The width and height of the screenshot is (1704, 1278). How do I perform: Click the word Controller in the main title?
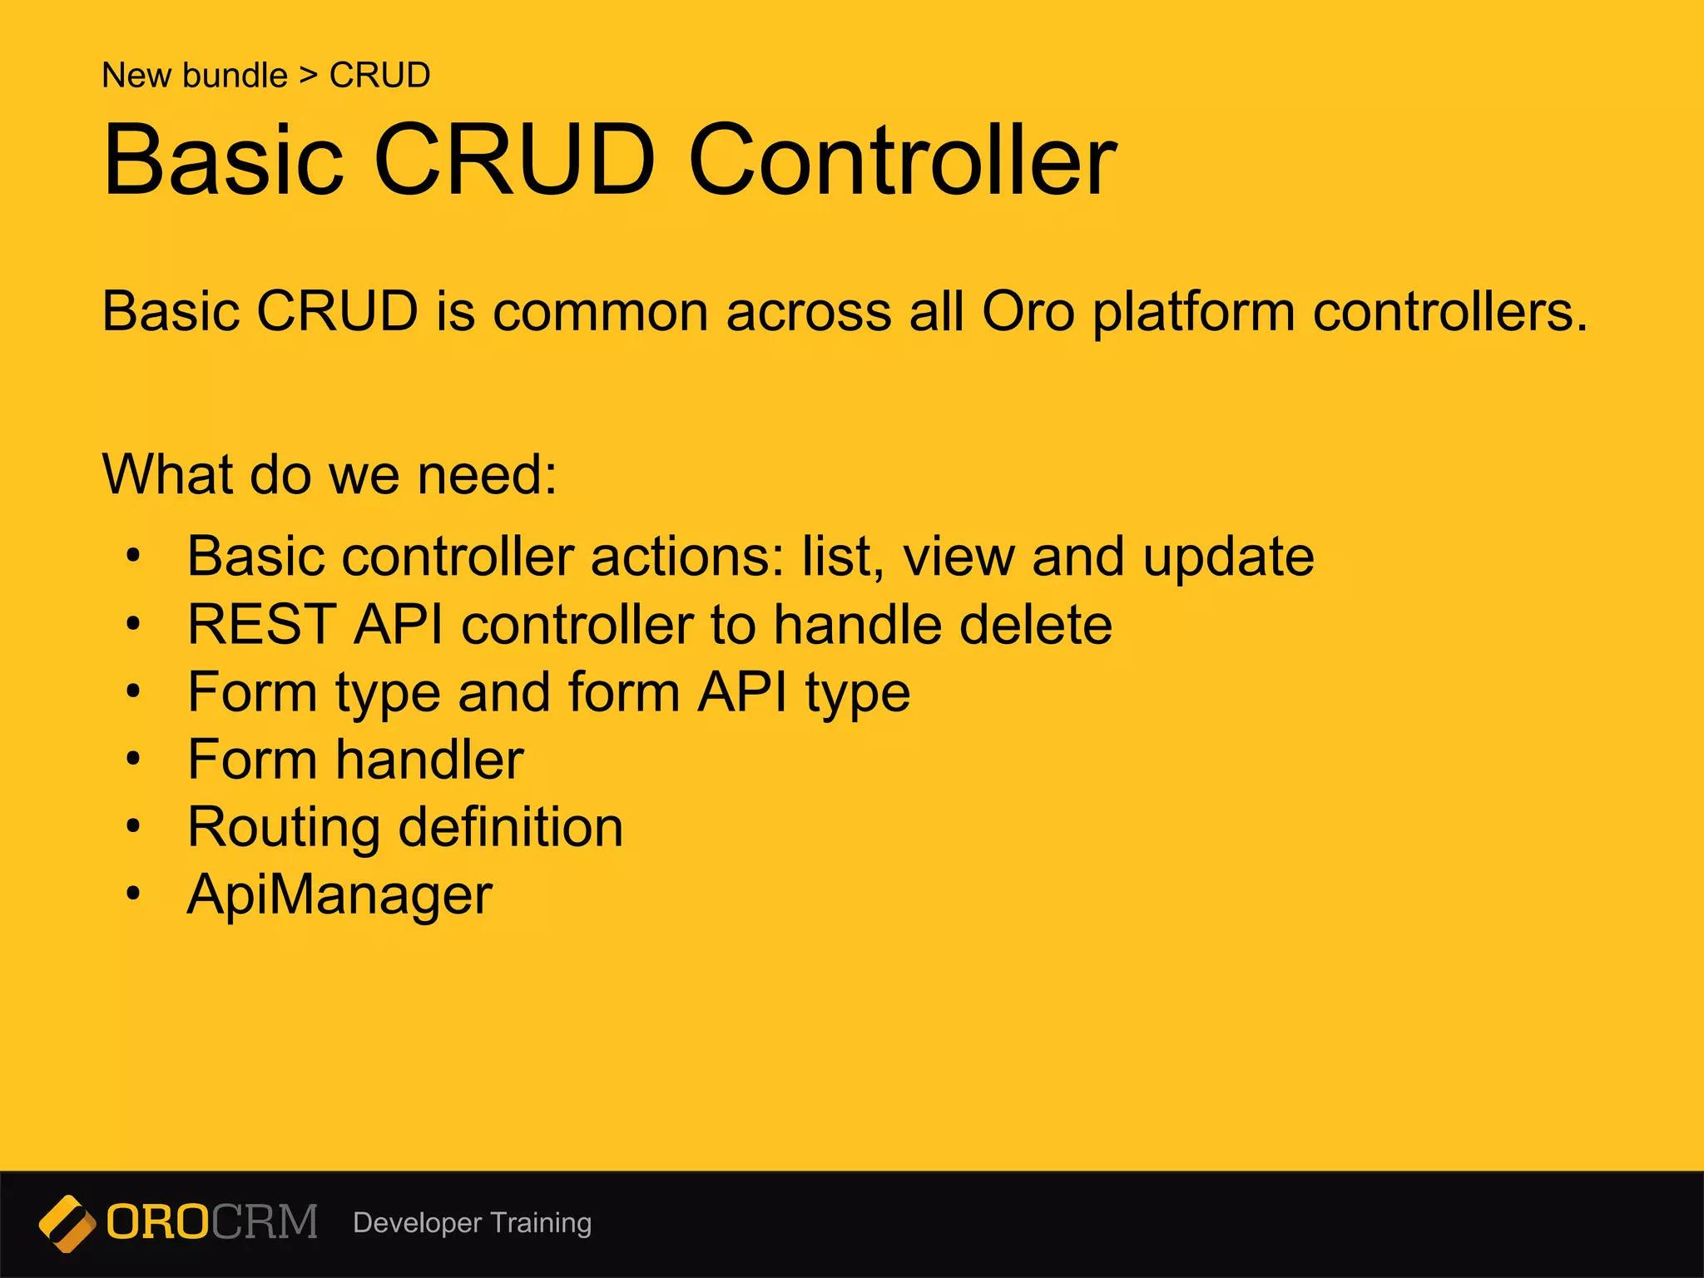click(903, 160)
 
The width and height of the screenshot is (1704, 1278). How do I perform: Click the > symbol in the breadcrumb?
click(309, 76)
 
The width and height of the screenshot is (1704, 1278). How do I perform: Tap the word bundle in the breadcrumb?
click(235, 76)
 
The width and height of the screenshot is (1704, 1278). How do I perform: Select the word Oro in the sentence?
click(1028, 312)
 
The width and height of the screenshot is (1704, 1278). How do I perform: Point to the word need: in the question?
click(487, 475)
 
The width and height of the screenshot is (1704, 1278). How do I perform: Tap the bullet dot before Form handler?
click(133, 759)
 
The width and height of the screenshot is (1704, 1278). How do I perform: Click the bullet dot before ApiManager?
click(133, 894)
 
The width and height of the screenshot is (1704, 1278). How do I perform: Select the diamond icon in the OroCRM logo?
click(67, 1223)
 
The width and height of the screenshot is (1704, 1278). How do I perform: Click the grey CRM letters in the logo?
click(265, 1222)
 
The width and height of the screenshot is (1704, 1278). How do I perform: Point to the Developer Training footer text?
click(472, 1222)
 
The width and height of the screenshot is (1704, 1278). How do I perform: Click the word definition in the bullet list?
click(510, 827)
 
